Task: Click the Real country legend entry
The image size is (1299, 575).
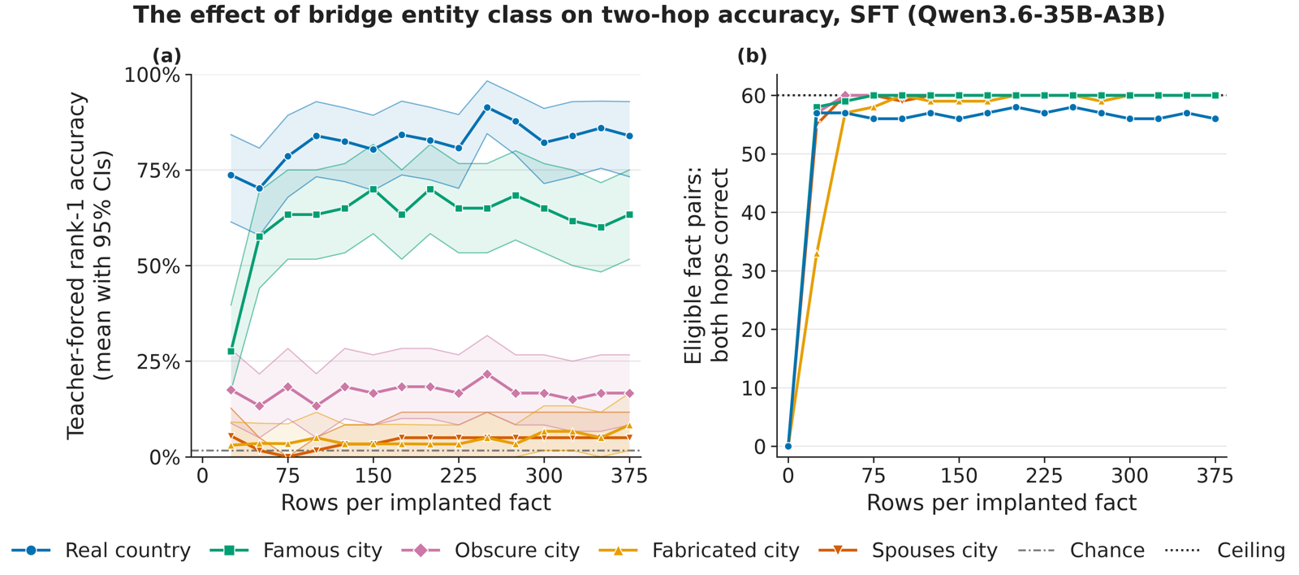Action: [x=101, y=550]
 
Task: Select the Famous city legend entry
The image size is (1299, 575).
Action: [x=296, y=550]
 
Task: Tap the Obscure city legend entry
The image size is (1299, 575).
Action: [x=490, y=550]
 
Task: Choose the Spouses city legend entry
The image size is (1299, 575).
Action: [x=908, y=550]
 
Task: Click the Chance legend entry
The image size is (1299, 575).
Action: [x=1081, y=550]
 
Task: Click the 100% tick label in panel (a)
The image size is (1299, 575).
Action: [x=152, y=75]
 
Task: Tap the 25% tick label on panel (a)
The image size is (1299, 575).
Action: [x=158, y=361]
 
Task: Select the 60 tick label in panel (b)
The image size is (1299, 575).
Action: [x=753, y=95]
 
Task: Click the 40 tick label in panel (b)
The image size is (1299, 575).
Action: [x=753, y=212]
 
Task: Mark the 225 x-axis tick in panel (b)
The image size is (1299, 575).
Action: [x=1044, y=476]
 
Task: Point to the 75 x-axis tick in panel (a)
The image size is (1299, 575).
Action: [x=287, y=476]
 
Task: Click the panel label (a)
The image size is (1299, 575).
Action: [x=166, y=56]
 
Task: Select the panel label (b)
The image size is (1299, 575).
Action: [x=752, y=56]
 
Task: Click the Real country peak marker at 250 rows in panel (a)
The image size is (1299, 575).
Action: [x=487, y=107]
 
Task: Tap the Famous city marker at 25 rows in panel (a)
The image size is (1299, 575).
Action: [x=231, y=351]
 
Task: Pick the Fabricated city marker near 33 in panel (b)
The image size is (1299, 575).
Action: [x=817, y=253]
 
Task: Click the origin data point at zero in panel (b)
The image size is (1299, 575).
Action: [x=788, y=446]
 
